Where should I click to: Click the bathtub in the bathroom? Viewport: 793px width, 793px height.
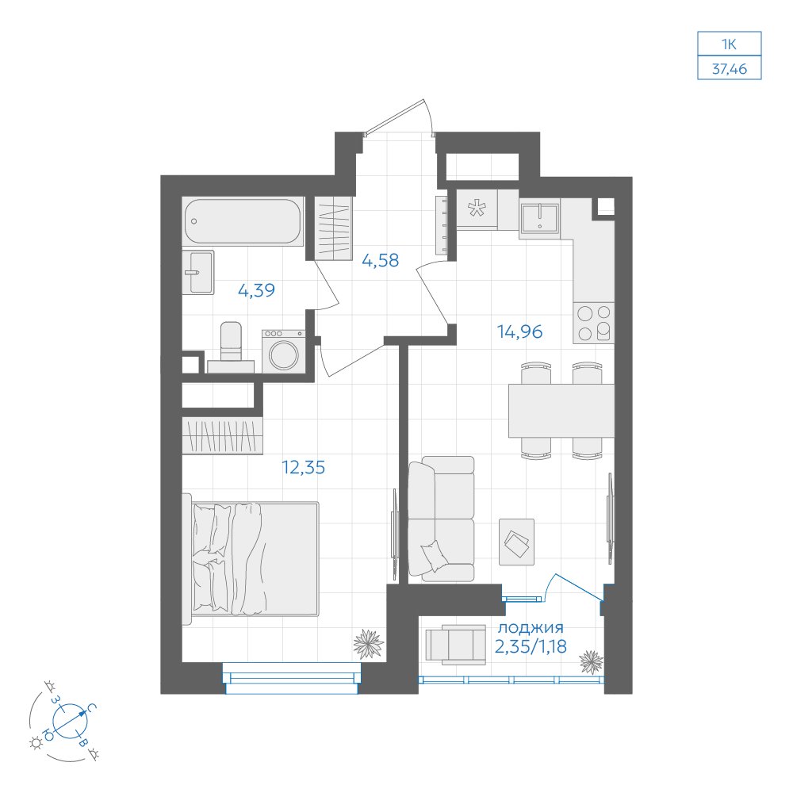tap(243, 221)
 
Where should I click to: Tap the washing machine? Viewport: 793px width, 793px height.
tap(284, 351)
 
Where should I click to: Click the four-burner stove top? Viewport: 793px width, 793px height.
tap(594, 323)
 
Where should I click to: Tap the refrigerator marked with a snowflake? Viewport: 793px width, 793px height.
tap(477, 209)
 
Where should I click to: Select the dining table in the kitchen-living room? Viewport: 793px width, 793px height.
tap(561, 411)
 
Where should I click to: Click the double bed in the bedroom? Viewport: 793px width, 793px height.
tap(251, 559)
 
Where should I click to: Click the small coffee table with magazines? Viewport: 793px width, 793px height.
tap(517, 542)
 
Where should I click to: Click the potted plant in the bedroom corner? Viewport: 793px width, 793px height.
tap(369, 644)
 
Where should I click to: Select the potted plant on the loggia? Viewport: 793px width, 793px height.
tap(592, 662)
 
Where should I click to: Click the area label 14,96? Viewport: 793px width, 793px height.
tap(519, 331)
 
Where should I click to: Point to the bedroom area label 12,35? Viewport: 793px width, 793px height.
tap(304, 467)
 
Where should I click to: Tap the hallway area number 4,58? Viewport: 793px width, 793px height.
tap(381, 260)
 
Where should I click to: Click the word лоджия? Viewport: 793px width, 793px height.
tap(531, 628)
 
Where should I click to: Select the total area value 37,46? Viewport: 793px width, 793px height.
tap(730, 69)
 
